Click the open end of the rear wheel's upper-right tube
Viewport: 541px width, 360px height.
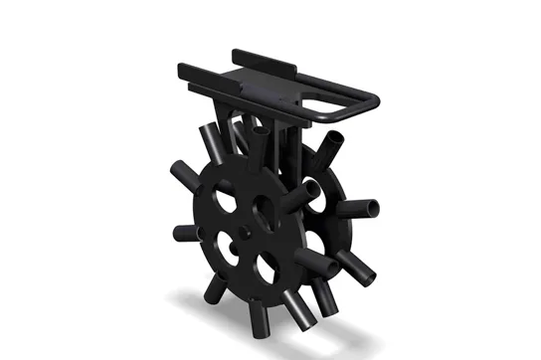coord(336,150)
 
